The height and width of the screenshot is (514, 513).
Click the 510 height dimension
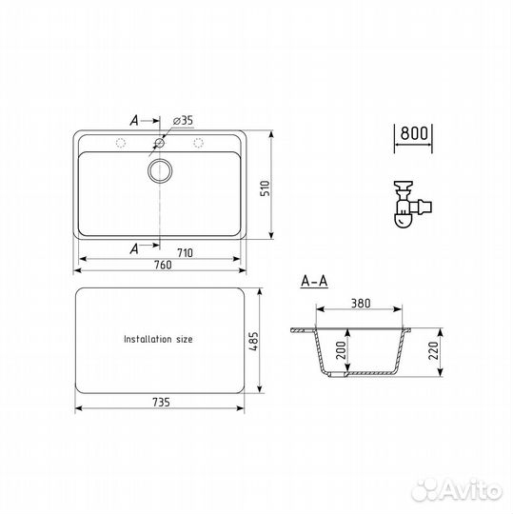tap(265, 188)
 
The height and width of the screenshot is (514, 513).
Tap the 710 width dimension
tap(185, 253)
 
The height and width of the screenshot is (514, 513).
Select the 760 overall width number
tap(163, 265)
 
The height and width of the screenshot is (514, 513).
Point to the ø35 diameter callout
tap(183, 120)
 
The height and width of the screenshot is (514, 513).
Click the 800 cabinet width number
tap(414, 133)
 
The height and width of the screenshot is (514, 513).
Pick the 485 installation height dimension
tap(253, 342)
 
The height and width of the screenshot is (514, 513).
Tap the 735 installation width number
tap(161, 403)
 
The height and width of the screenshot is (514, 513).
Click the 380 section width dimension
tap(361, 304)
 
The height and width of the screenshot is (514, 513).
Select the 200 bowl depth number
tap(341, 350)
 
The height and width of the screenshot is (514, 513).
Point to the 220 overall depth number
tap(433, 350)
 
